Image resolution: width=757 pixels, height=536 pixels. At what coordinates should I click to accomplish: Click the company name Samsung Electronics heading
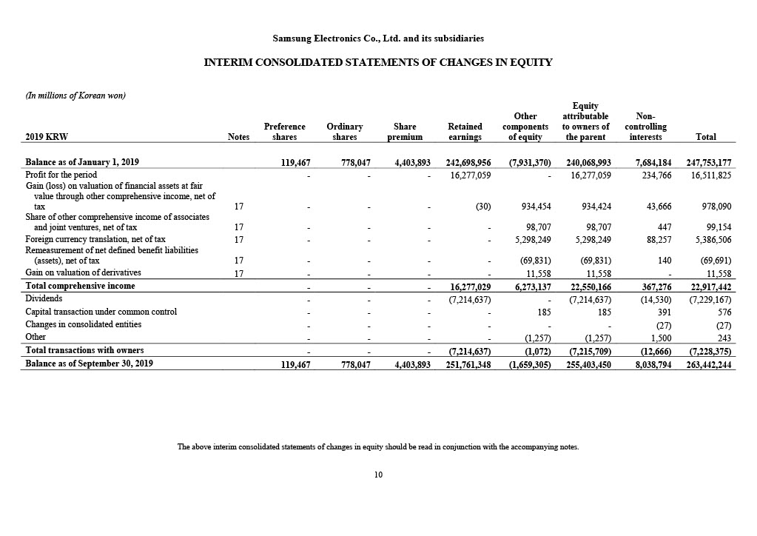coord(378,38)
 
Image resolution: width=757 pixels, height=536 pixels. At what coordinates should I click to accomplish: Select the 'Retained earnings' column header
coord(465,132)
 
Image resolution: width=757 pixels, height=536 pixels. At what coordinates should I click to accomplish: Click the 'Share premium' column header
coord(405,132)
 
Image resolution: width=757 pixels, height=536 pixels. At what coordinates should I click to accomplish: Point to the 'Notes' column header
coord(238,137)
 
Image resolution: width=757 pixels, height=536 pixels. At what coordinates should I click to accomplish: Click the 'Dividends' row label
coord(44,298)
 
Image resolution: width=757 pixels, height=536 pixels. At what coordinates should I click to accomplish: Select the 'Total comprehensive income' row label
coord(80,286)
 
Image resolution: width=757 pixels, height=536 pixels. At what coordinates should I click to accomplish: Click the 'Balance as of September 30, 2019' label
coord(90,364)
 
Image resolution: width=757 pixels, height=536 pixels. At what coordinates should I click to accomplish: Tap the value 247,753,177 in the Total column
coord(707,162)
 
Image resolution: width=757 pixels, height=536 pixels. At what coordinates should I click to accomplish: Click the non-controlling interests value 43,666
coord(657,207)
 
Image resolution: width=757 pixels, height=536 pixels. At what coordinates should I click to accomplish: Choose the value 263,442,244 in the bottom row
coord(707,364)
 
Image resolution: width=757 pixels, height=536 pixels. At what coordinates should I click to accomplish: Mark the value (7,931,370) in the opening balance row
coord(529,162)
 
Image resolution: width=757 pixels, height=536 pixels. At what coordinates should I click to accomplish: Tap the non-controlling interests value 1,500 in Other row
coord(661,338)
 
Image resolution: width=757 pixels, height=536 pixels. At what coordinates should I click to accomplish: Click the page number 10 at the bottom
coord(378,475)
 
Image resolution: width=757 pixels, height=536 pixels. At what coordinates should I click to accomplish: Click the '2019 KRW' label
coord(47,137)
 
